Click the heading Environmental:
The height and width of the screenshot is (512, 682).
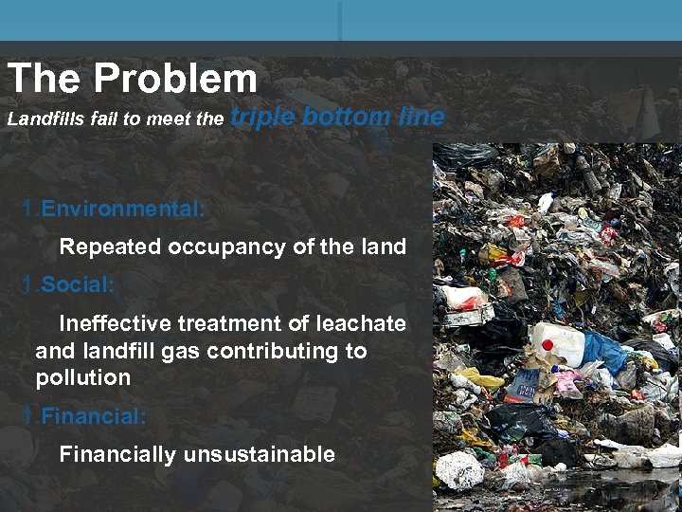click(122, 209)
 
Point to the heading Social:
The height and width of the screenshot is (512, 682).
click(81, 284)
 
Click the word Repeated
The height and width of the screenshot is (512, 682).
click(110, 247)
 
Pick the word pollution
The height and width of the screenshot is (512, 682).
click(82, 378)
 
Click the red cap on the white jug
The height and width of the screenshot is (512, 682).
click(547, 344)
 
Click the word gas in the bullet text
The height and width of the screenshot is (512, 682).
click(183, 351)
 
